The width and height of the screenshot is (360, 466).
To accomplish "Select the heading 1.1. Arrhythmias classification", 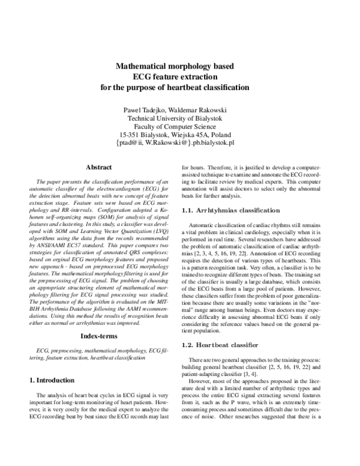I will pos(230,211).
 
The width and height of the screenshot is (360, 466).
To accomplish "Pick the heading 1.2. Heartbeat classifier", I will pos(220,345).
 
